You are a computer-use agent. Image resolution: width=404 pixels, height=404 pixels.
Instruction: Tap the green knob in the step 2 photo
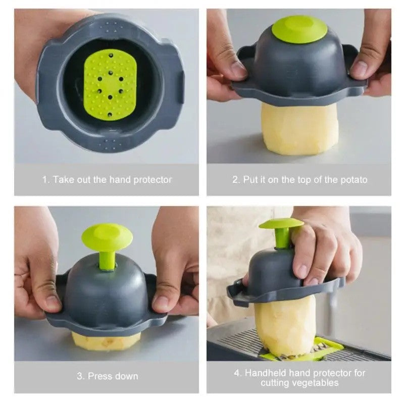coord(299,29)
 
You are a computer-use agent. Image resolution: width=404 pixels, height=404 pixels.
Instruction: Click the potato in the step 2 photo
coord(299,129)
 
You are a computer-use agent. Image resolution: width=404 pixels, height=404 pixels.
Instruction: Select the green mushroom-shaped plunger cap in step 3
coord(107,237)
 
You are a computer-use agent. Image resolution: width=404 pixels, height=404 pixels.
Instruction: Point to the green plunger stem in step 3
coord(107,261)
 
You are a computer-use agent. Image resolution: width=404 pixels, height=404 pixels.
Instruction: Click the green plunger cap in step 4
coord(281,223)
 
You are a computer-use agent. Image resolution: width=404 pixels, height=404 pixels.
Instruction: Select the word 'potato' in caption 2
coord(354,180)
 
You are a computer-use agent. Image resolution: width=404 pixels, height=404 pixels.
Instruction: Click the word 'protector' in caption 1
coord(153,180)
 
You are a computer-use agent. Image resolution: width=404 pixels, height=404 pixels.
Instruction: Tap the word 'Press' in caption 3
coord(99,376)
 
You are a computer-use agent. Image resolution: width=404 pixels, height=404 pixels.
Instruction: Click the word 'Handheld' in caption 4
coord(266,373)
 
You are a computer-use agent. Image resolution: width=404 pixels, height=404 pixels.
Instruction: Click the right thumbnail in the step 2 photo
coord(359,68)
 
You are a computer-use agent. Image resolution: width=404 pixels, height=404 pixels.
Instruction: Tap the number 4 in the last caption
coord(236,373)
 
